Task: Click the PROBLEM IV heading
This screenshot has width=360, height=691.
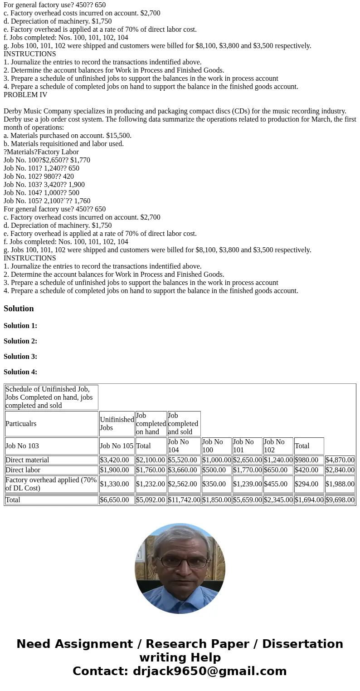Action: tap(25, 95)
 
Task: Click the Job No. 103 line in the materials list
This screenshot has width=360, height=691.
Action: tap(44, 185)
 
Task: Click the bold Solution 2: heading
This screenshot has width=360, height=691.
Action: tap(20, 341)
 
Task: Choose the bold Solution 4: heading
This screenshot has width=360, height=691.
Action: tap(20, 372)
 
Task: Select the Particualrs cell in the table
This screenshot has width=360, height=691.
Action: tap(21, 424)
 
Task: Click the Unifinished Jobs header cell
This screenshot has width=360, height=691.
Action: tap(117, 424)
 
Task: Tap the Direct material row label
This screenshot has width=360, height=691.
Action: tap(27, 460)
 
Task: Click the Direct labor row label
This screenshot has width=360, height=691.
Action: tap(23, 470)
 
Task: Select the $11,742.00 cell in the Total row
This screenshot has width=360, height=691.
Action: tap(184, 500)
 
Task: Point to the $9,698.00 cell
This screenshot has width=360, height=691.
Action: tap(340, 500)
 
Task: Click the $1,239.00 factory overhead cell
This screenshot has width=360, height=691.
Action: tap(247, 484)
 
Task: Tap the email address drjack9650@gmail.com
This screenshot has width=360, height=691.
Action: tap(209, 671)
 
